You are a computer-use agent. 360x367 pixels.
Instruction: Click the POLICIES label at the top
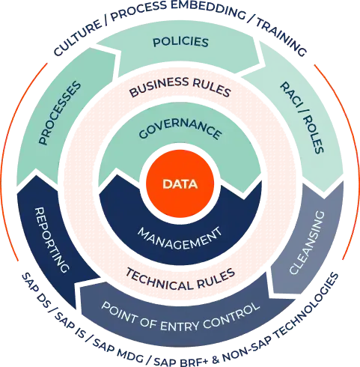coord(180,43)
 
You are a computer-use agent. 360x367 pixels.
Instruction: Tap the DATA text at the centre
coord(180,183)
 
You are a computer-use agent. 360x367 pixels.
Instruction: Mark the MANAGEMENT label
coord(180,237)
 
